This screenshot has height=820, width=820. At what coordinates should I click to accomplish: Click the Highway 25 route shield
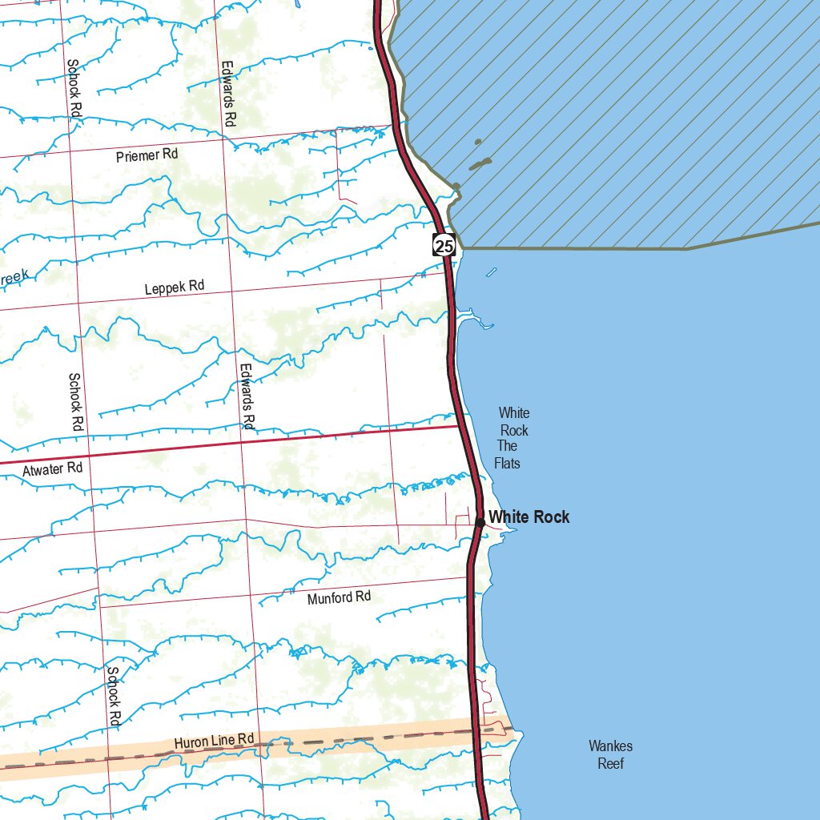tap(444, 244)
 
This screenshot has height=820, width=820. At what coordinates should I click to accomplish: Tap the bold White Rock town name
tap(529, 517)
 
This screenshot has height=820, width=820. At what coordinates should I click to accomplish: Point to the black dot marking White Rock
tap(480, 522)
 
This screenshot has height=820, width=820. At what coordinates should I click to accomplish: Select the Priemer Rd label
tap(147, 155)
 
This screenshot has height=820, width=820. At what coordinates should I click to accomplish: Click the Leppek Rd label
tap(175, 287)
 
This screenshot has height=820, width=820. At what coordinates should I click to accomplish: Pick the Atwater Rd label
tap(52, 469)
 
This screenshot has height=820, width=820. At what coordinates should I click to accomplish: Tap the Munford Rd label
tap(340, 597)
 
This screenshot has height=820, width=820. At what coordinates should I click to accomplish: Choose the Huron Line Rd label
tap(214, 742)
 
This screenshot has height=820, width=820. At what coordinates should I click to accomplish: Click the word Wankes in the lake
tap(610, 746)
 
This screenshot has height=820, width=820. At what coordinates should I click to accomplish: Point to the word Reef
tap(610, 764)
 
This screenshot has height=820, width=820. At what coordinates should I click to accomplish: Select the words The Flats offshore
tap(507, 455)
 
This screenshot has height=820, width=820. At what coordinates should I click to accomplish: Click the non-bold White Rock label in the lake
tap(513, 422)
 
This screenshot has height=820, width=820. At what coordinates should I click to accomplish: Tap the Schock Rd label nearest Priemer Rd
tap(74, 89)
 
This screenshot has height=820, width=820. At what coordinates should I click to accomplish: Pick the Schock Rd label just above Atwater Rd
tap(76, 402)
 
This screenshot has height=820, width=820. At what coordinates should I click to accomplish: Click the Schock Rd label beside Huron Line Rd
tap(114, 696)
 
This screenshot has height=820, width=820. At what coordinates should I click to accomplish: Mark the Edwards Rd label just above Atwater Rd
tap(247, 396)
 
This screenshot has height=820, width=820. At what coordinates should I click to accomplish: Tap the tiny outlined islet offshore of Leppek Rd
tap(491, 272)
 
